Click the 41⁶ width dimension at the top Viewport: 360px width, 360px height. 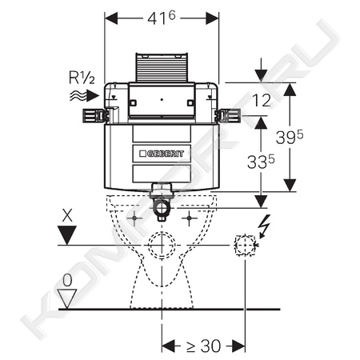[x=162, y=18]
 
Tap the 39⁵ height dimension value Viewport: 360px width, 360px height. [x=290, y=137]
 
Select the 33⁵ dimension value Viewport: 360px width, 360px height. [x=261, y=162]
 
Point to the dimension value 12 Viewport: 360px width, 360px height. [x=262, y=101]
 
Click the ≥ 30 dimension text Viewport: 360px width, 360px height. [x=203, y=346]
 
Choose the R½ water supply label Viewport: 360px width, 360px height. [x=82, y=78]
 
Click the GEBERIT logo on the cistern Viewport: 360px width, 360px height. [x=162, y=154]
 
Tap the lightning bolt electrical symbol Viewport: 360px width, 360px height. [x=265, y=226]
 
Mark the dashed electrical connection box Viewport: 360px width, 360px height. [x=245, y=246]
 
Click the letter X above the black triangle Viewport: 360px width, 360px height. [x=67, y=215]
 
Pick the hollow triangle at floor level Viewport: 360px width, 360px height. [x=67, y=298]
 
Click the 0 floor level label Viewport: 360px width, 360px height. [x=67, y=281]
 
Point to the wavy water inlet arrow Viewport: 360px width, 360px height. [x=84, y=95]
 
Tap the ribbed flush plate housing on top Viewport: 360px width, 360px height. [x=162, y=67]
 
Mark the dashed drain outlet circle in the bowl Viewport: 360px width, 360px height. [x=162, y=246]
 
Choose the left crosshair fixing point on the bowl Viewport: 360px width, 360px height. [x=134, y=218]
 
